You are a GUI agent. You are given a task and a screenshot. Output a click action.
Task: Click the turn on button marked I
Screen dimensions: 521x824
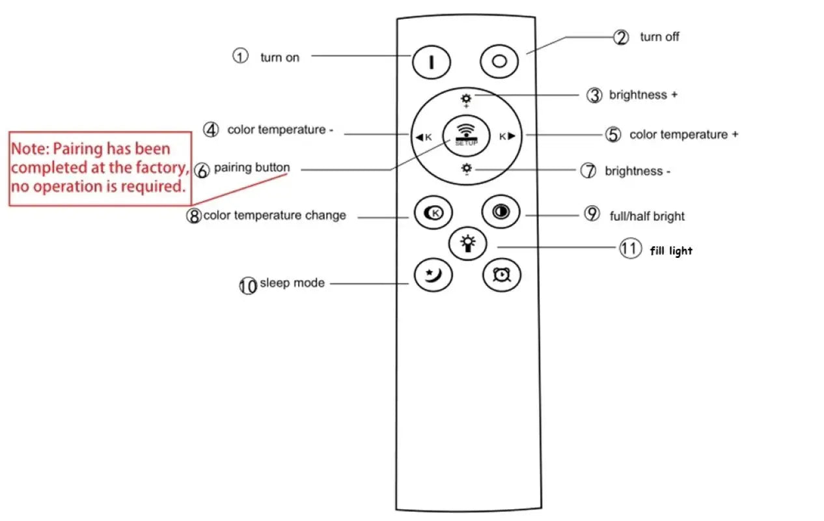(431, 61)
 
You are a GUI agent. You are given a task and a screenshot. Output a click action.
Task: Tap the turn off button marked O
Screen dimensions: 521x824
(499, 61)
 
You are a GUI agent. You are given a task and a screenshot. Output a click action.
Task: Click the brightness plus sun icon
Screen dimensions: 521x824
(466, 100)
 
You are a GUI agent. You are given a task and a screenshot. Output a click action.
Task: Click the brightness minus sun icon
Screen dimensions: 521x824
(466, 170)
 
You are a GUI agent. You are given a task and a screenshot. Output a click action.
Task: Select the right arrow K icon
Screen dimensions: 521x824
(507, 137)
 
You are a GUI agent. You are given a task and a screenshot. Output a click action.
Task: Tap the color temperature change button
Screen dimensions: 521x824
(433, 212)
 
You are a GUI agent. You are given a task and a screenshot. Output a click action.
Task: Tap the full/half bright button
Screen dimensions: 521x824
(500, 212)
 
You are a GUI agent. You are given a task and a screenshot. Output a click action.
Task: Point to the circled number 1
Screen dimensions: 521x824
(241, 56)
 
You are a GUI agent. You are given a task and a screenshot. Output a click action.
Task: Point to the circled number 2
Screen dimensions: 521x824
(622, 37)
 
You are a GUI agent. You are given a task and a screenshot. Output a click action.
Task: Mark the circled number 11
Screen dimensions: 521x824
(630, 249)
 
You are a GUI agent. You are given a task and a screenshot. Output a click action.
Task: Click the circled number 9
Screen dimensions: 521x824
(592, 214)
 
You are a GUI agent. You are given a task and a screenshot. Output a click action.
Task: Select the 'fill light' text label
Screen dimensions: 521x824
(671, 251)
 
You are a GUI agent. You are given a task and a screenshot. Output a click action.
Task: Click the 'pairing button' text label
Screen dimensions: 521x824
(251, 167)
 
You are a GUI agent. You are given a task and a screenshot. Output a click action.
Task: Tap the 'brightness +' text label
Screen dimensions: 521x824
(643, 95)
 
